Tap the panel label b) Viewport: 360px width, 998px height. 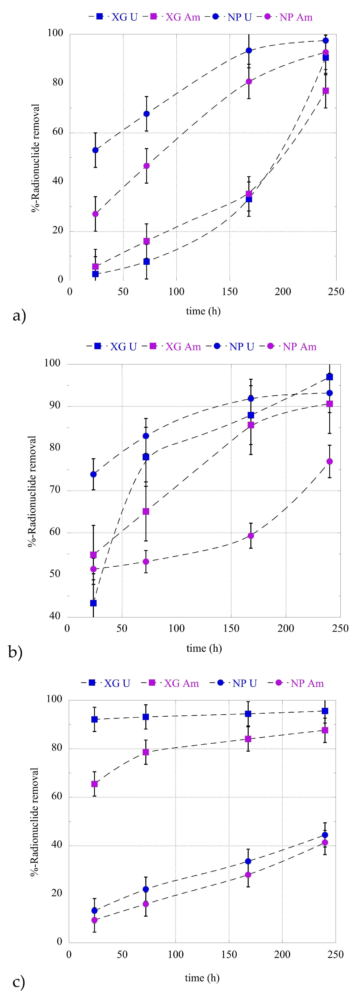pyautogui.click(x=15, y=652)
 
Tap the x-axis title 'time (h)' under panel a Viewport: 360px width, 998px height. pyautogui.click(x=203, y=311)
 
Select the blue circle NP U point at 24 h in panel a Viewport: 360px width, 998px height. pyautogui.click(x=95, y=150)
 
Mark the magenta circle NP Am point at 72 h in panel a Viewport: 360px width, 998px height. pyautogui.click(x=147, y=166)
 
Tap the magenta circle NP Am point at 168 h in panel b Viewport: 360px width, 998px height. pyautogui.click(x=251, y=536)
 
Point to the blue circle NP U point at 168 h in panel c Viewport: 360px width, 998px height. pyautogui.click(x=248, y=861)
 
